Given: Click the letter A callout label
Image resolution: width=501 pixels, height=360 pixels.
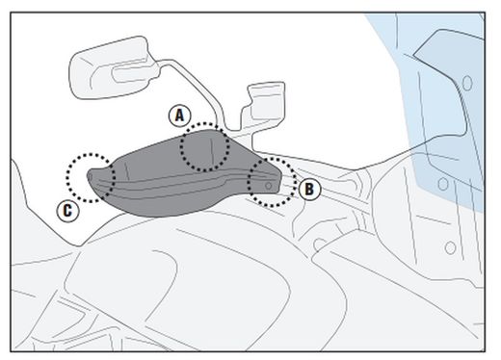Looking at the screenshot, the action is [x=180, y=116].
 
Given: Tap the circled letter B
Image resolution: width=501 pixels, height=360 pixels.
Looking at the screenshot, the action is [x=309, y=190].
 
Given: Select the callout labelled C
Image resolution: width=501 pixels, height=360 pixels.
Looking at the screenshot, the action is [x=67, y=211].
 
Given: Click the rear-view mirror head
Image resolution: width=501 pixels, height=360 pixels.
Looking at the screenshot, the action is [x=114, y=68].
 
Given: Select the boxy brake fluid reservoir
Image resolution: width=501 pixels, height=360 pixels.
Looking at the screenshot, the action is [x=264, y=106].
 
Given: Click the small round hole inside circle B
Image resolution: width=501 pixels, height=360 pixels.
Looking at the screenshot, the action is [x=269, y=186].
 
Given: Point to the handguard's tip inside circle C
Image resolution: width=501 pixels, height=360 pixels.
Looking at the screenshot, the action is [x=91, y=176].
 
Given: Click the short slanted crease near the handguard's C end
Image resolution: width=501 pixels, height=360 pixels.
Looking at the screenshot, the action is [x=127, y=171].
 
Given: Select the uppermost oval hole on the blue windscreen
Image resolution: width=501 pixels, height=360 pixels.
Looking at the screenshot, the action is [x=467, y=83].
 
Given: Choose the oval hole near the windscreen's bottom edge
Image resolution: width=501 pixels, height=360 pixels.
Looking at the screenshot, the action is [x=443, y=184].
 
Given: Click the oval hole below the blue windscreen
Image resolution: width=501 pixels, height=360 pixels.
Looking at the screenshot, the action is [x=450, y=247].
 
